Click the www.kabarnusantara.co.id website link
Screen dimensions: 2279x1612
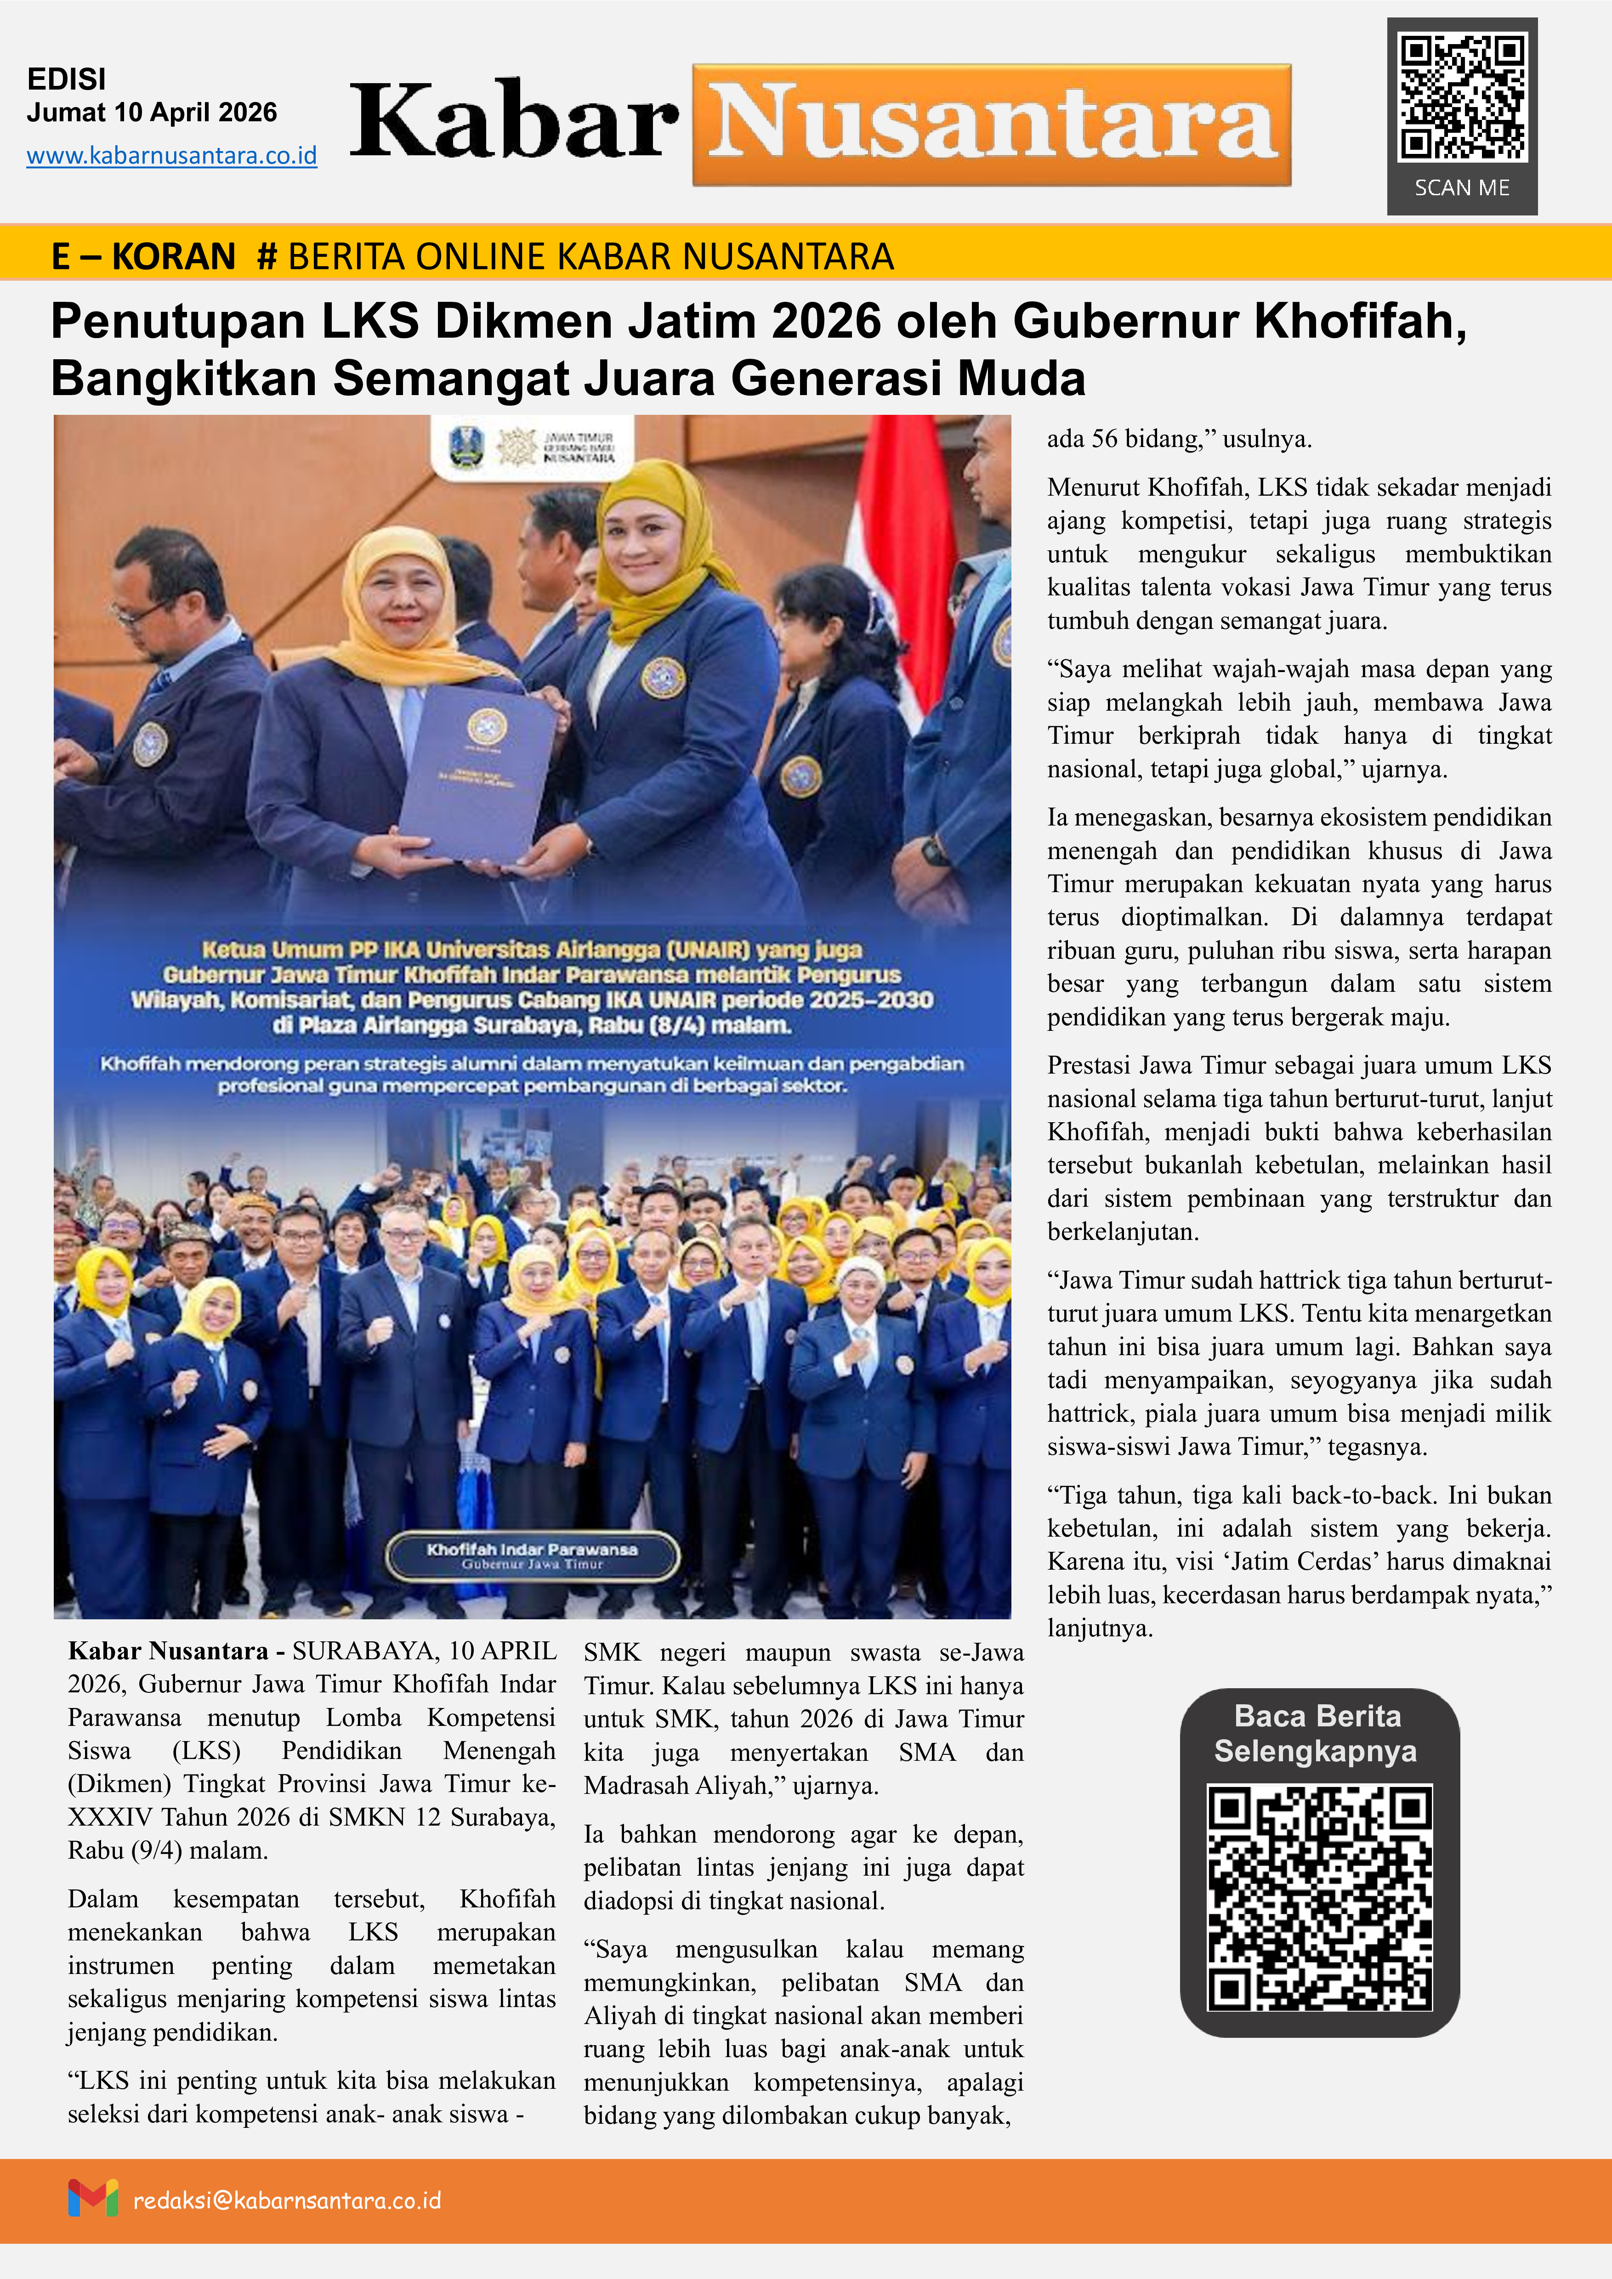coord(172,156)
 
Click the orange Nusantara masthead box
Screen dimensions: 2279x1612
coord(992,125)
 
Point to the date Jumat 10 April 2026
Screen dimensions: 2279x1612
coord(152,112)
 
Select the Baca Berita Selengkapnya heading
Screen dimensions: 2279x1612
coord(1317,1733)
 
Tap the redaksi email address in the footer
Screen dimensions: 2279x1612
coord(287,2200)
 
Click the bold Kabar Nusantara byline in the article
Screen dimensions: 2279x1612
coord(168,1651)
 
